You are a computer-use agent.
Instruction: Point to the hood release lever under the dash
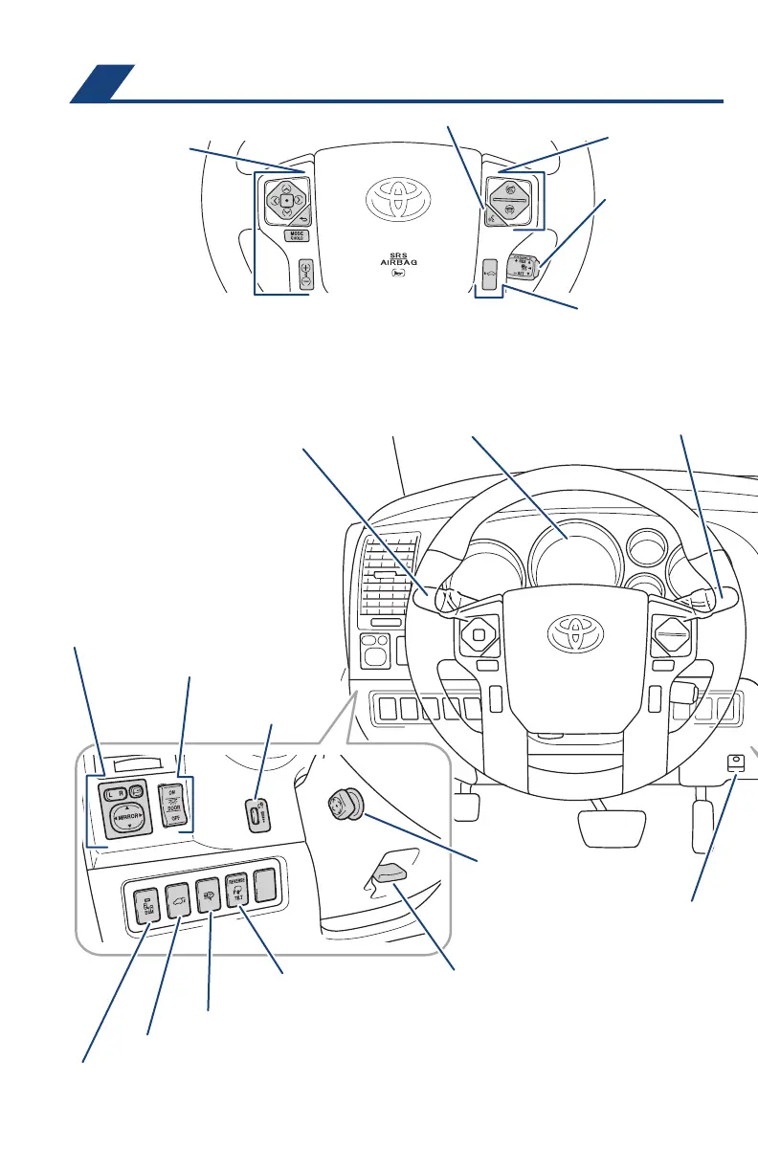387,871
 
